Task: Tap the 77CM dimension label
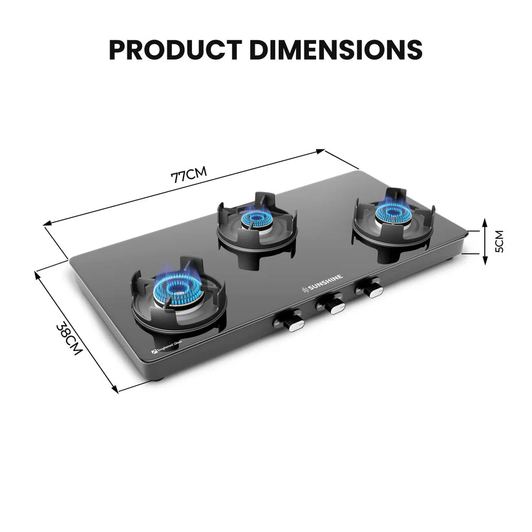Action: [189, 175]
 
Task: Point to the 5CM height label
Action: [498, 241]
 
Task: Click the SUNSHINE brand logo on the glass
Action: [324, 283]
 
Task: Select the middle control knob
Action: [333, 303]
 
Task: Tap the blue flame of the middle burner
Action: [257, 218]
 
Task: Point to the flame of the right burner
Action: [392, 211]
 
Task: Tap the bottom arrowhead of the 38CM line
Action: [116, 390]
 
